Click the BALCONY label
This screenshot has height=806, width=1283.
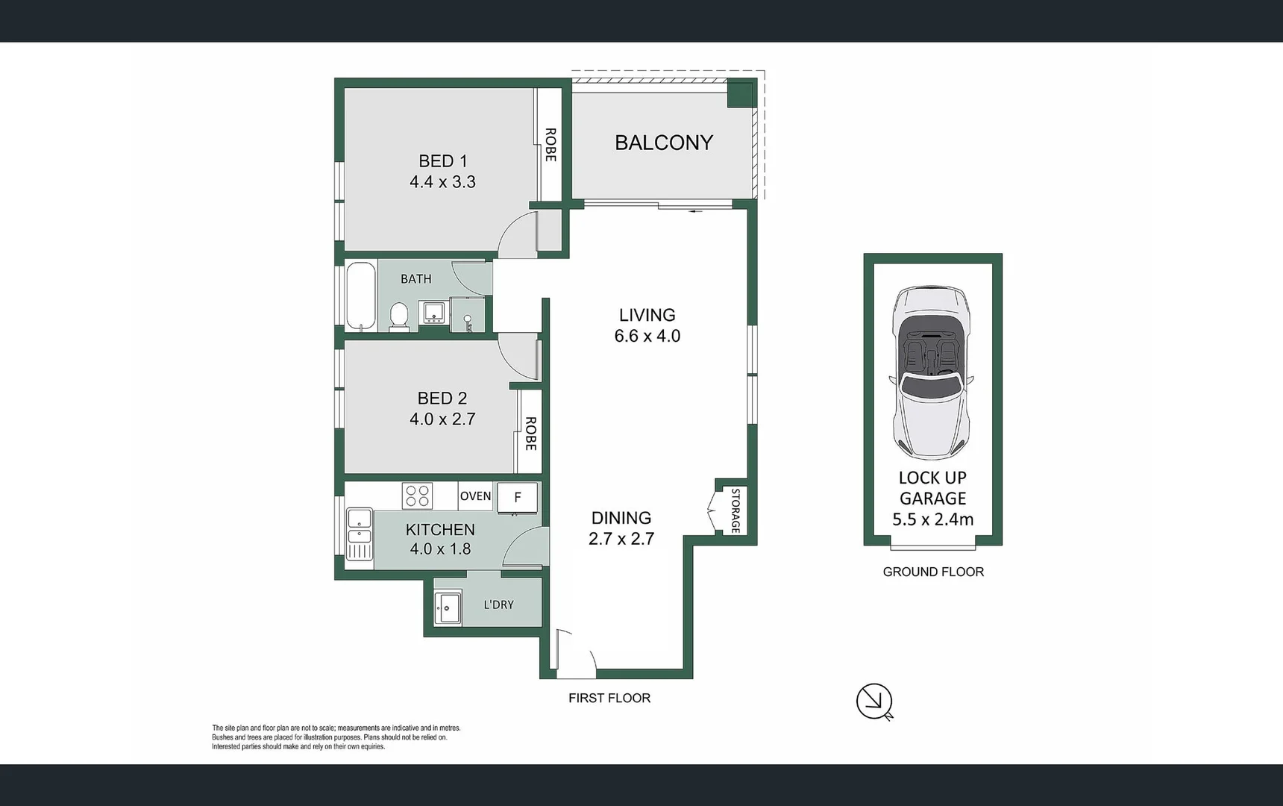663,143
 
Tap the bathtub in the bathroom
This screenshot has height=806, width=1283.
361,296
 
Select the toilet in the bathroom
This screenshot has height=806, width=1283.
399,316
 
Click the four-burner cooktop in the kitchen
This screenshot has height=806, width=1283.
417,496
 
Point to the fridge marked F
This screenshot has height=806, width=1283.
517,498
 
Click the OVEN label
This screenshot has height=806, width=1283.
475,496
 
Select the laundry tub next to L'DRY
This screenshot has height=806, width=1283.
448,607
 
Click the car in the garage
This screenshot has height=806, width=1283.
932,372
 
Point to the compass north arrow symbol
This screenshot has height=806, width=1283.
874,702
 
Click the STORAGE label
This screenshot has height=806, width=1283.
735,510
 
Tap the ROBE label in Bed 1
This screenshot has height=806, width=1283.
550,145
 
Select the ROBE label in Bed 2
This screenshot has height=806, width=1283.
530,434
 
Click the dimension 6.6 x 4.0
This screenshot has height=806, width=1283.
647,337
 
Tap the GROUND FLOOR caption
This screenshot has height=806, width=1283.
932,572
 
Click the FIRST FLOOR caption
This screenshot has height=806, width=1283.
609,698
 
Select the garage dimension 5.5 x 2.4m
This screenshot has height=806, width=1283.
932,519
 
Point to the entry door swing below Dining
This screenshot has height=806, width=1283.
575,652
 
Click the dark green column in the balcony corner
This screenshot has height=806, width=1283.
740,95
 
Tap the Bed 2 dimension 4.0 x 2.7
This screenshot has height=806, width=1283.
442,419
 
